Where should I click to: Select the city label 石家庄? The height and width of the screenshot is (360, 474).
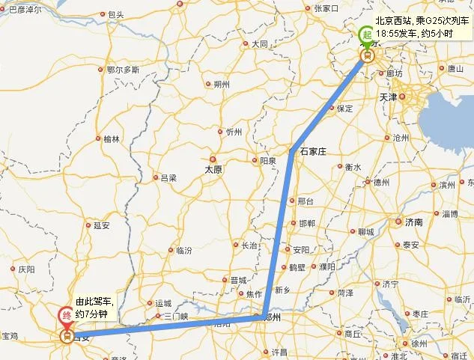[314, 151]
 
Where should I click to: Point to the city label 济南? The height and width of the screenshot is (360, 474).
[413, 222]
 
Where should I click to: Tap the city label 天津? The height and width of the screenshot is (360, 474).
[409, 97]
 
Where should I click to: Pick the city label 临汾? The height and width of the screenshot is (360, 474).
[183, 250]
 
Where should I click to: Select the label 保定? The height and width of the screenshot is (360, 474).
[344, 109]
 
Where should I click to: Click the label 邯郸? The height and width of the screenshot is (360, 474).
[307, 224]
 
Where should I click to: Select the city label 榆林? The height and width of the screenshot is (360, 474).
[112, 139]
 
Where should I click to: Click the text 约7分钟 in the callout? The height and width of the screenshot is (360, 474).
[93, 313]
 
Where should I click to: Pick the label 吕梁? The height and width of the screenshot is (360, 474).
[168, 178]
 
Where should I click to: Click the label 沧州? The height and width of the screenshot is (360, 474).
[401, 138]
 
